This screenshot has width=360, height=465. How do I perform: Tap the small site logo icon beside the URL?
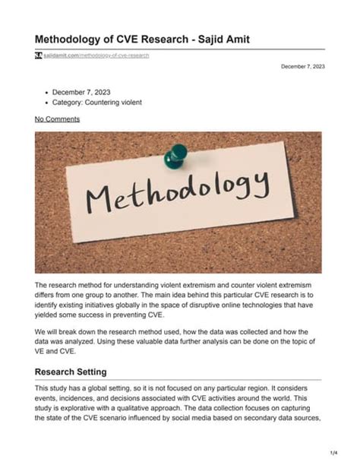coord(38,56)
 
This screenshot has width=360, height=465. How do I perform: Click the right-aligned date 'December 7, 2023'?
coord(303,67)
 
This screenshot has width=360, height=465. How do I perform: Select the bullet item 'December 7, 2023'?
coord(80,90)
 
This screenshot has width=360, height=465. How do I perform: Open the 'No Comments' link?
coord(57,119)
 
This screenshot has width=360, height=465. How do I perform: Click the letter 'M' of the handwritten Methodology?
coord(99,200)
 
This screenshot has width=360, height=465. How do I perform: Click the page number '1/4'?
coord(333,452)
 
